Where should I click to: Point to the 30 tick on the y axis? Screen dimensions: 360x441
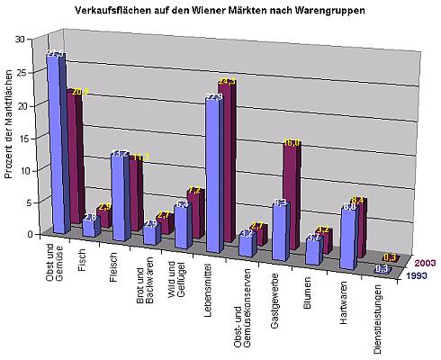(31, 40)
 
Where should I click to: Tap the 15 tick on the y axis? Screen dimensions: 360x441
(31, 138)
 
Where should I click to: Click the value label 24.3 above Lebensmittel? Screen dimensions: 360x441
(226, 83)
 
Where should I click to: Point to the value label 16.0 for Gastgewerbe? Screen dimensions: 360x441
(292, 142)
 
